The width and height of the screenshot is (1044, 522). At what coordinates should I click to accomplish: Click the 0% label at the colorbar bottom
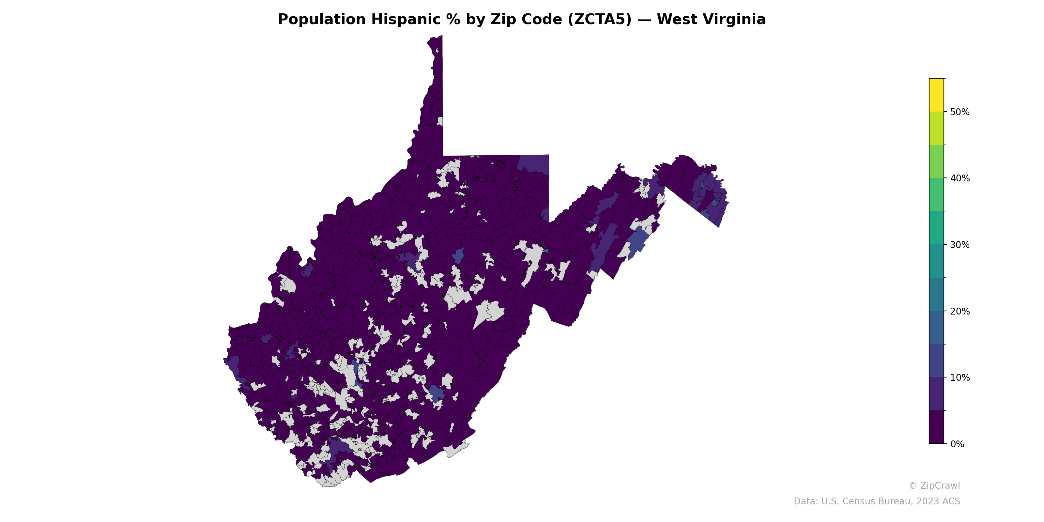(957, 444)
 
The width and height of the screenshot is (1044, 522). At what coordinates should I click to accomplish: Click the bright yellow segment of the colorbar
(936, 95)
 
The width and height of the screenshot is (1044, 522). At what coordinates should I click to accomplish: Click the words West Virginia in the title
(711, 20)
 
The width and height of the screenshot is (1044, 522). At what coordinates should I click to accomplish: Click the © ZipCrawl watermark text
(934, 485)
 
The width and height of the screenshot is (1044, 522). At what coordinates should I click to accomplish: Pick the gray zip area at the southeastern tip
(456, 450)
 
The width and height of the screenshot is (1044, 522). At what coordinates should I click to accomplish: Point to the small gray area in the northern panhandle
(440, 121)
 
